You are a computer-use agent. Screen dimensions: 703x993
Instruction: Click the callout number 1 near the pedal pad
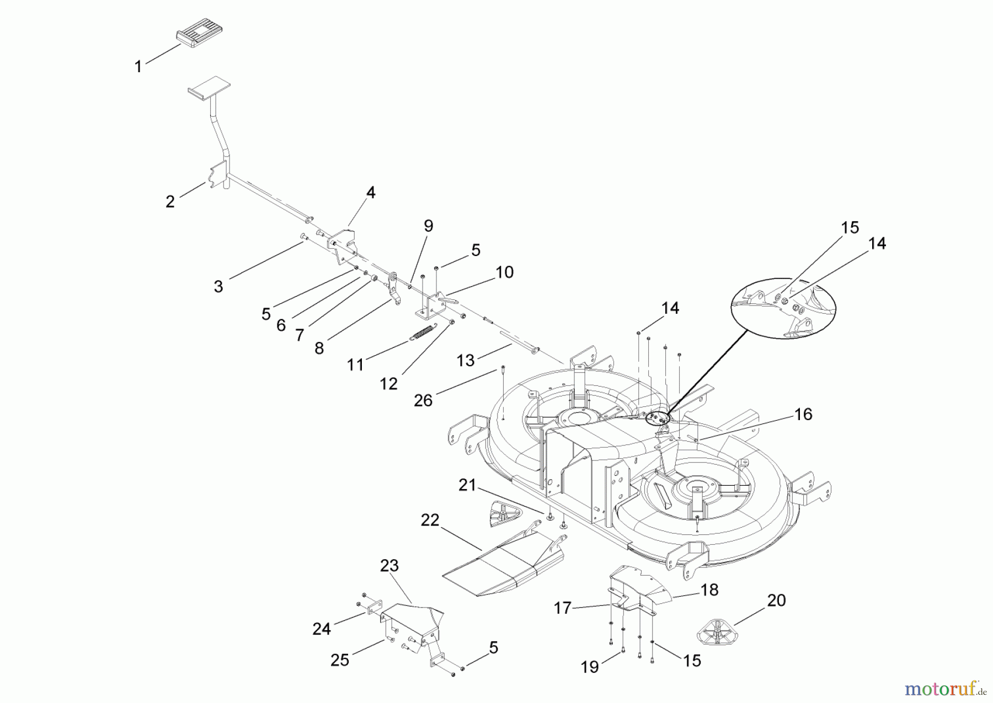point(138,67)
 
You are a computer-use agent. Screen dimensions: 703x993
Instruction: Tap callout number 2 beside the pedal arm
point(170,202)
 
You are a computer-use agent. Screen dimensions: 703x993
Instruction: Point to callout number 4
point(371,192)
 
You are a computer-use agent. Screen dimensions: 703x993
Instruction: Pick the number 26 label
point(423,401)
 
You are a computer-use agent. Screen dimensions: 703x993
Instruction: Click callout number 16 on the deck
point(804,414)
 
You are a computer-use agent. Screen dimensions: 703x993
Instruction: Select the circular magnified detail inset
point(783,311)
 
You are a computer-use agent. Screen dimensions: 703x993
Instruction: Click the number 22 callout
point(430,520)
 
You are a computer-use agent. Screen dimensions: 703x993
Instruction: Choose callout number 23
point(389,566)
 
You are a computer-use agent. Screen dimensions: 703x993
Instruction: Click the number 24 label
point(322,629)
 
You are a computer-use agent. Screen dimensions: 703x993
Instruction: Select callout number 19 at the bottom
point(590,667)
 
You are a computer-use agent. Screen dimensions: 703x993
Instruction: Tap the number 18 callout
point(709,590)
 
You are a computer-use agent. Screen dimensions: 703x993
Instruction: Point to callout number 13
point(466,360)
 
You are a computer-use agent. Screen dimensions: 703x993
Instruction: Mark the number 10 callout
point(504,272)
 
